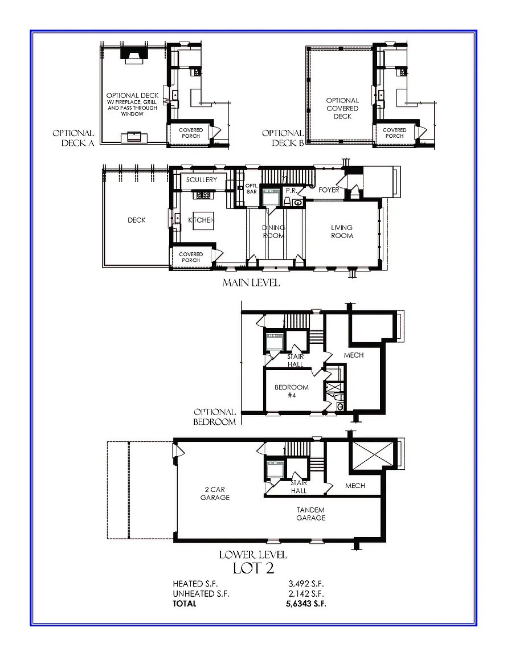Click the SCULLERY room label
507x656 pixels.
coord(202,180)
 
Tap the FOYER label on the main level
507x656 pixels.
coord(329,190)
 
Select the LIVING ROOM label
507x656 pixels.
coord(342,231)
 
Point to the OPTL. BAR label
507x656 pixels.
coord(251,188)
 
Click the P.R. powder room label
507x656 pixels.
coord(292,190)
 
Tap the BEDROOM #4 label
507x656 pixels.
coord(292,391)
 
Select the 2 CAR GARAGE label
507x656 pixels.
coord(215,493)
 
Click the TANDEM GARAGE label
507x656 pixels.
coord(310,514)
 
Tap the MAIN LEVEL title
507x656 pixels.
coord(251,283)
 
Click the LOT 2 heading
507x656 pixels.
coord(254,568)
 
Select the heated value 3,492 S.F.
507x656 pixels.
coord(305,584)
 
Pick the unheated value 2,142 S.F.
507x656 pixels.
coord(305,594)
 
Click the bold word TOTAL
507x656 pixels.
coord(184,604)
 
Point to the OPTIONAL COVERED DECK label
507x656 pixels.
coord(342,108)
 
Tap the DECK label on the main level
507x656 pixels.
coord(137,220)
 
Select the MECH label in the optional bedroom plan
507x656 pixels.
coord(353,355)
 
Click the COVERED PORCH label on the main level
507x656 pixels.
coord(190,257)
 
